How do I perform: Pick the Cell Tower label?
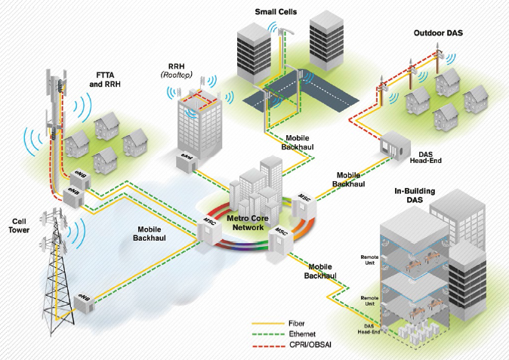pyautogui.click(x=20, y=224)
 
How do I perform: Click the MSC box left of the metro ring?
pyautogui.click(x=209, y=227)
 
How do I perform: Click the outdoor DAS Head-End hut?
pyautogui.click(x=396, y=144)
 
